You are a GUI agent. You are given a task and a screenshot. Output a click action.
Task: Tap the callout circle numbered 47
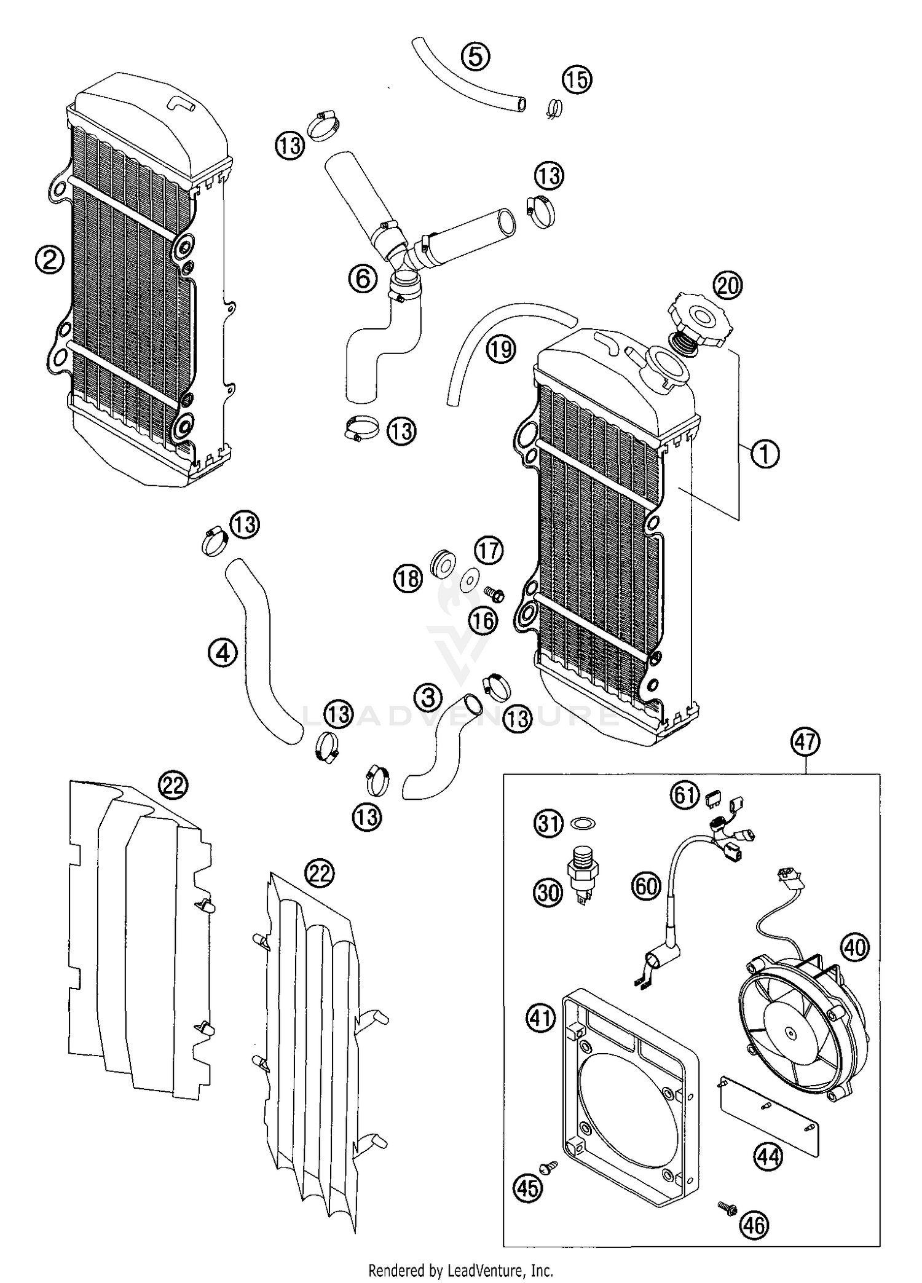coord(806,742)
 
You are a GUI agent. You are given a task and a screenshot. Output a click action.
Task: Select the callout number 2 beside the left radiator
coord(49,261)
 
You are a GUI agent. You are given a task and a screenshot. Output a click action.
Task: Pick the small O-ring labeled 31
coord(583,823)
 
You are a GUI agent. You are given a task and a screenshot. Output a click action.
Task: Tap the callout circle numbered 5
coord(475,57)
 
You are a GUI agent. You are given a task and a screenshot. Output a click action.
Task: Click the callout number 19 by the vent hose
coord(500,349)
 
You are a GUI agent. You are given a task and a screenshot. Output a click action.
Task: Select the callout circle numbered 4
coord(222,653)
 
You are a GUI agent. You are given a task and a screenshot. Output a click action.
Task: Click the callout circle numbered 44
coord(768,1157)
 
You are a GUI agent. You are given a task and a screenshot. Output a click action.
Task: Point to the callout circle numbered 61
coord(685,795)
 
